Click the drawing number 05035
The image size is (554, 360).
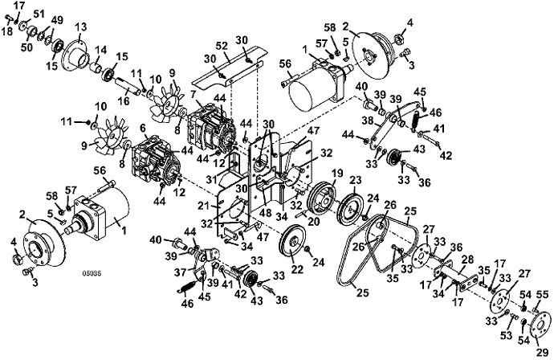pos(89,273)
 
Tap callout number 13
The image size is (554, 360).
pos(81,27)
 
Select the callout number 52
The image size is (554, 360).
pos(222,45)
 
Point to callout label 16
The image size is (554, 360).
pos(124,101)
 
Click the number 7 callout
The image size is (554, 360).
pos(193,95)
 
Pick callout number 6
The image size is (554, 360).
pos(143,129)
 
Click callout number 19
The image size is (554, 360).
pos(337,174)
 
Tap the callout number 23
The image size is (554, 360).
pos(356,180)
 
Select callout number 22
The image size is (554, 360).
pos(297,269)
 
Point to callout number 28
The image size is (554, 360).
pos(467,260)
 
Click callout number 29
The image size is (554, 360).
pos(543,352)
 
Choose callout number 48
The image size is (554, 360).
pos(264,214)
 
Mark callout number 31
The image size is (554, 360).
pos(212,180)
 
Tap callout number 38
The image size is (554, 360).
pos(368,121)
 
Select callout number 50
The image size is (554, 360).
pos(26,47)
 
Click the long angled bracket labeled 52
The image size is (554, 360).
pos(229,73)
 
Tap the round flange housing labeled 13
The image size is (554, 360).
pos(76,56)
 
